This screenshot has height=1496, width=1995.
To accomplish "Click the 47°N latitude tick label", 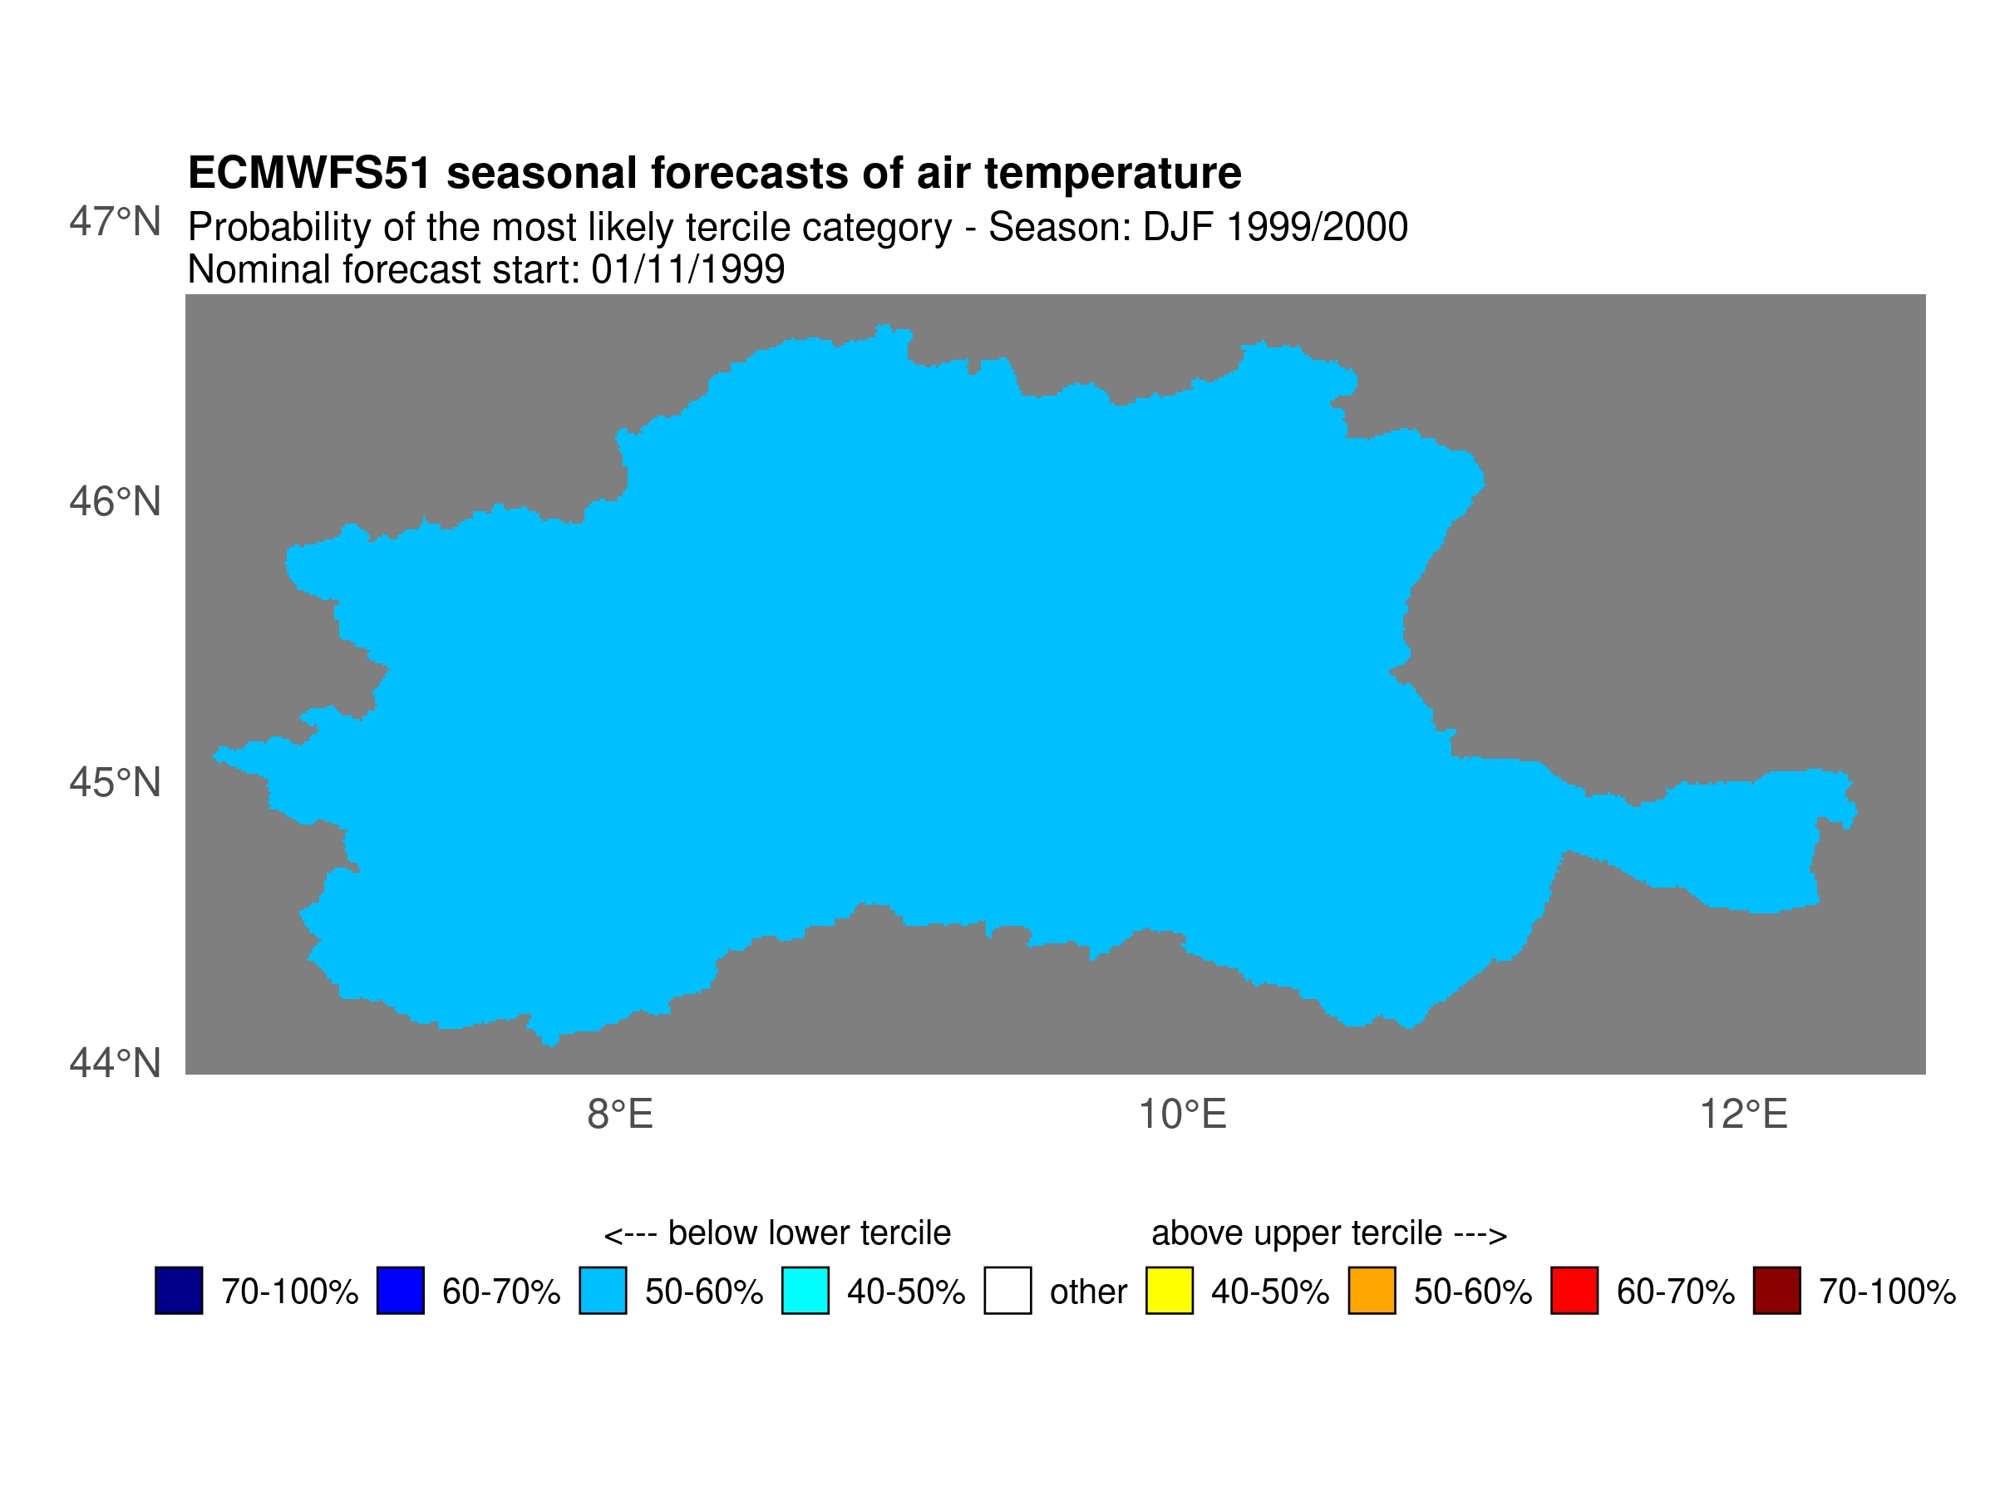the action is pos(115,222).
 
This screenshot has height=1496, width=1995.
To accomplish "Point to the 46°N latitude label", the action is pos(115,502).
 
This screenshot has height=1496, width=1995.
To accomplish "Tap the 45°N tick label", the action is pos(115,783).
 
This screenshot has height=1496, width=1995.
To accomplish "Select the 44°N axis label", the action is pos(115,1063).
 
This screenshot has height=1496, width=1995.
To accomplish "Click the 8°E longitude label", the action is pos(619,1115).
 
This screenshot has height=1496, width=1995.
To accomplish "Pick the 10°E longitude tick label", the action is pos(1182,1115).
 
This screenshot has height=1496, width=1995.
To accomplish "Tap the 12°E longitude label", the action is pos(1743,1115).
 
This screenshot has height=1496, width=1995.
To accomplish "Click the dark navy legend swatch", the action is pos(179,1291).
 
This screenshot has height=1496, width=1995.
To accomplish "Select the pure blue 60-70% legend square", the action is pos(401,1291).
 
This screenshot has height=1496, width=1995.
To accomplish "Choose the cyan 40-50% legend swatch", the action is pos(805,1291).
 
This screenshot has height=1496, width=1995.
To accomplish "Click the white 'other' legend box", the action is pos(1008,1291).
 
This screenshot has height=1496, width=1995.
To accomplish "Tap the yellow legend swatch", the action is pos(1170,1291).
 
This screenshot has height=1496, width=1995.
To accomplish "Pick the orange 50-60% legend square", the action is pos(1372,1291).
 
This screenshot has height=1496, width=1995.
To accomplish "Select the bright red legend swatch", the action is pos(1574,1291).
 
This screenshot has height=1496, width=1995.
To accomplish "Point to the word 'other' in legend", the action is pos(1089,1292).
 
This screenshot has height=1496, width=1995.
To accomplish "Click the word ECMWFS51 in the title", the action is pos(309,173).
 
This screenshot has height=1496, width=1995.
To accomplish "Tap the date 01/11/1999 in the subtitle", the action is pos(688,269).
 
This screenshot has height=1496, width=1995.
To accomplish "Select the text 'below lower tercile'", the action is pos(809,1233).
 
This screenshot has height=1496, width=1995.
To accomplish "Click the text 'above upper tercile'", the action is pos(1297,1234).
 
